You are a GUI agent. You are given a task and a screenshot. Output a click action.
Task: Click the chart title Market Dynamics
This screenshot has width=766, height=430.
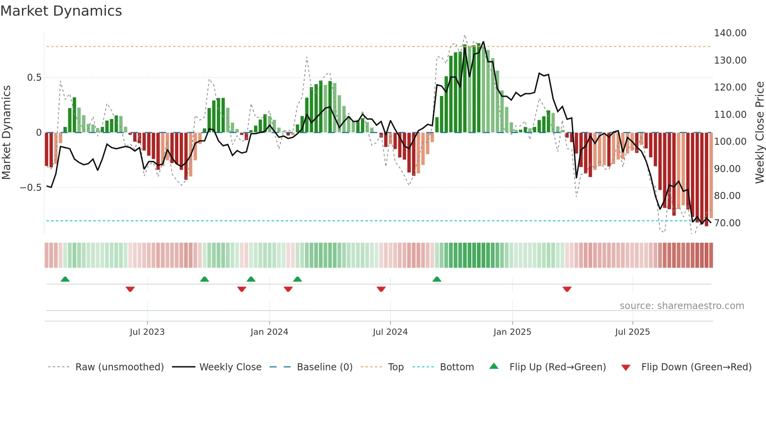[61, 11]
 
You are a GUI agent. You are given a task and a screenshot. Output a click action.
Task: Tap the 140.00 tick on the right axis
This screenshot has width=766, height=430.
[730, 33]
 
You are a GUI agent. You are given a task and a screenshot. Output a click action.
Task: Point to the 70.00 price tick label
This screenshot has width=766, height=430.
[727, 223]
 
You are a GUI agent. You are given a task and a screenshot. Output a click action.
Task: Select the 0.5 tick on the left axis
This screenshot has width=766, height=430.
[34, 78]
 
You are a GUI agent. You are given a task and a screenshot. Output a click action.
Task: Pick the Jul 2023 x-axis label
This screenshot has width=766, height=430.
[147, 332]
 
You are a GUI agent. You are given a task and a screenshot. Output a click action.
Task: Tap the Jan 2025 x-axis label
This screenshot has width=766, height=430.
[512, 332]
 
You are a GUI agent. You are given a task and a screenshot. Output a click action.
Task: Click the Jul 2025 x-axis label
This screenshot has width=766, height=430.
[632, 332]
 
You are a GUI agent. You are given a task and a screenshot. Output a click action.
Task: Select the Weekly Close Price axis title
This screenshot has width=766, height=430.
[759, 133]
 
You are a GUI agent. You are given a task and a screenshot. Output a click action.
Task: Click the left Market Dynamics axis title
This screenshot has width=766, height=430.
[6, 133]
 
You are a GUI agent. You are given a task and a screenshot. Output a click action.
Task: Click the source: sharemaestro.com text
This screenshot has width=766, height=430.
[682, 306]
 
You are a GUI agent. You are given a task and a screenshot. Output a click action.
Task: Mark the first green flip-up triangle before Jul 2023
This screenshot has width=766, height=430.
[65, 279]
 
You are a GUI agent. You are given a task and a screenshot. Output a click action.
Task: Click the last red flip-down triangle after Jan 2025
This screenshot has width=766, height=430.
[567, 289]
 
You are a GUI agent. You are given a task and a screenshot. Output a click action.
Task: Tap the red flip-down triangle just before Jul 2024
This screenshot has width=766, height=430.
[381, 289]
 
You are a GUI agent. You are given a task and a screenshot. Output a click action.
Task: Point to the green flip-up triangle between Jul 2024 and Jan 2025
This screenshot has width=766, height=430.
[437, 279]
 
